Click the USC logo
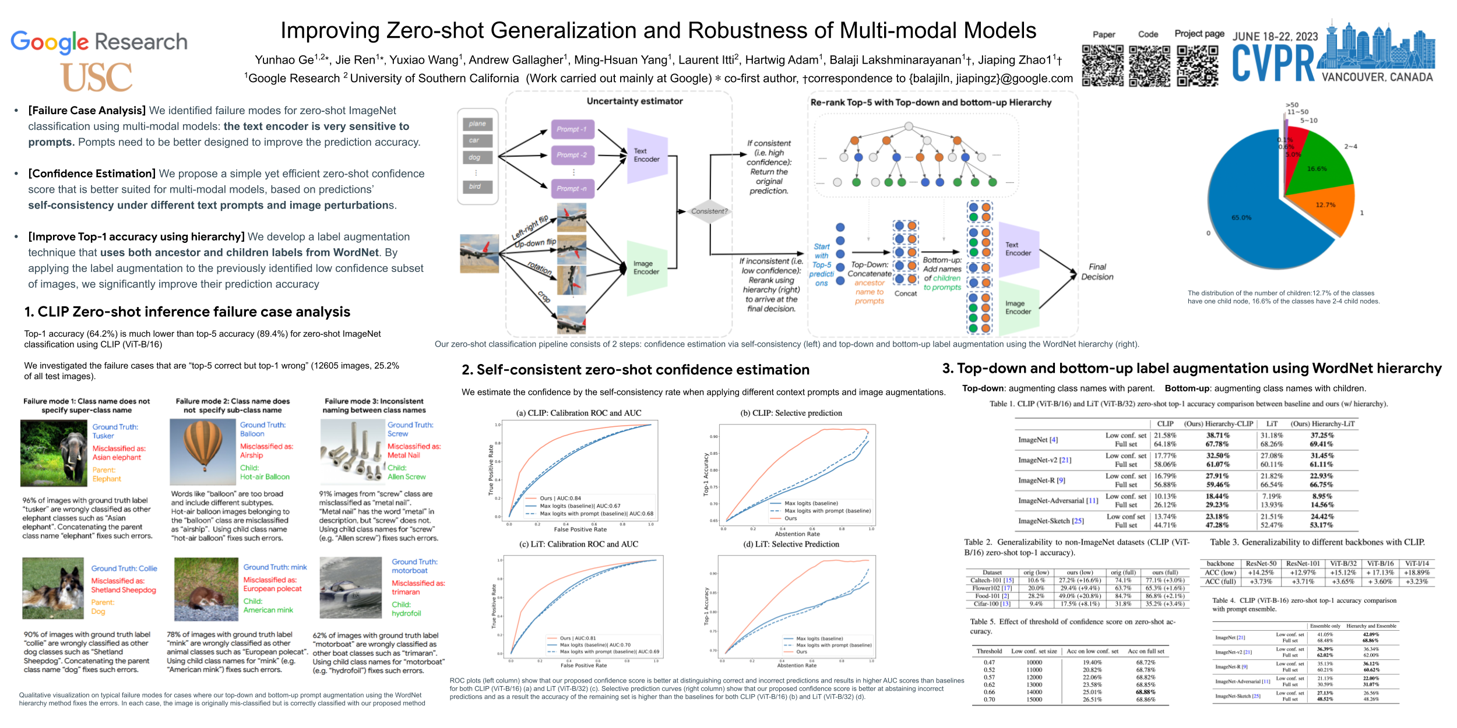tap(97, 77)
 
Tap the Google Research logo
tap(99, 42)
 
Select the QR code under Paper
tap(1103, 66)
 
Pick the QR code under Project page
tap(1198, 66)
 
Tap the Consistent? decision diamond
tap(709, 211)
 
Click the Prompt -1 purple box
tap(572, 129)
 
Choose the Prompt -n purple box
tap(572, 189)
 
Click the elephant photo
tap(54, 453)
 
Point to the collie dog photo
tap(53, 588)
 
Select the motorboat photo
tap(351, 588)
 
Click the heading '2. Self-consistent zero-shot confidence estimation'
tap(635, 370)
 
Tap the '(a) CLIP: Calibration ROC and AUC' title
tap(578, 413)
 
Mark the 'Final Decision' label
tap(1097, 272)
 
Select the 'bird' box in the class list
tap(477, 186)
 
